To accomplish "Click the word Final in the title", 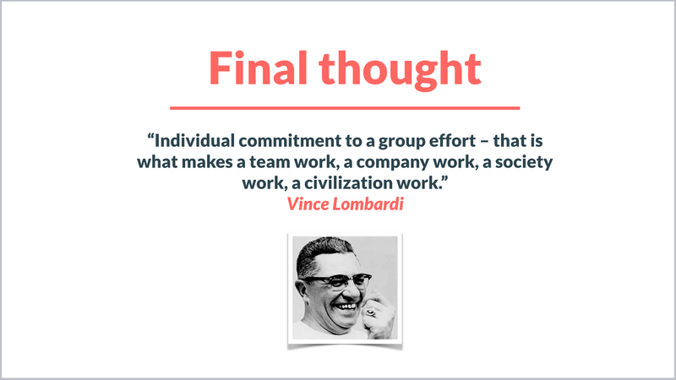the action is click(258, 68).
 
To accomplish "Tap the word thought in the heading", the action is click(400, 70).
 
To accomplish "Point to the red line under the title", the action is click(345, 108).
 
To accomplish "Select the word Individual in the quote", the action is click(195, 140).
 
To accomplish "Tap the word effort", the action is click(453, 140).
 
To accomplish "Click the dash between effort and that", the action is click(484, 142).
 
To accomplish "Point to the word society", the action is click(524, 163).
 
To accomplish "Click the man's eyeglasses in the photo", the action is click(339, 282).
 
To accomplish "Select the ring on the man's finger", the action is click(370, 312).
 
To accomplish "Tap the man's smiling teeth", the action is click(346, 307).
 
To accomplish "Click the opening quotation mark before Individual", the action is click(150, 137).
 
